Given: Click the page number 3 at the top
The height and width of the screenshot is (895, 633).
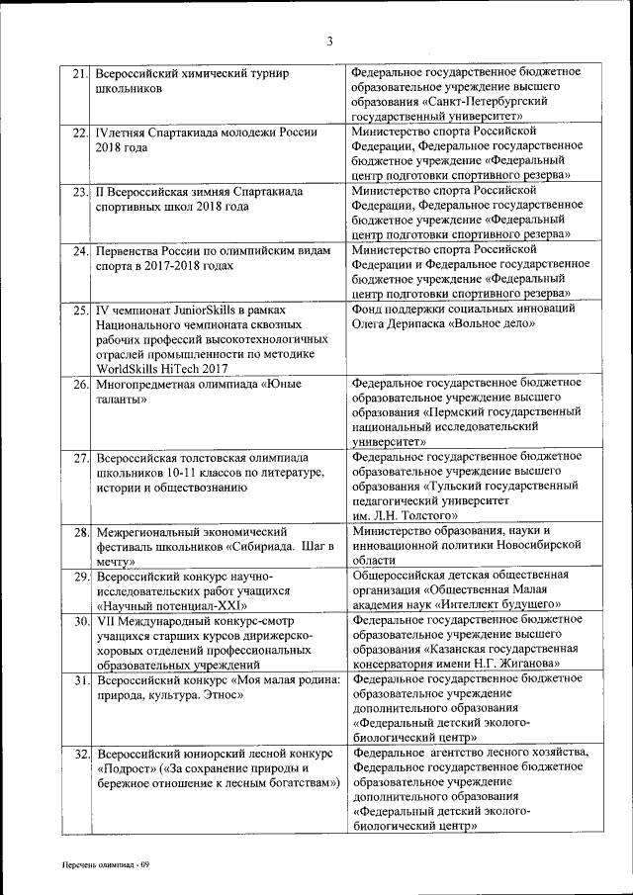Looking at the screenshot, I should point(329,41).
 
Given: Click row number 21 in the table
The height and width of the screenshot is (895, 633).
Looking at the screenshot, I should point(80,73).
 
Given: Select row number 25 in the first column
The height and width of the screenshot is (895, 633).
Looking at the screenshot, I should point(80,310).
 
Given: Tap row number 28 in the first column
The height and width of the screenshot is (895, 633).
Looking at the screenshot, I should point(80,532).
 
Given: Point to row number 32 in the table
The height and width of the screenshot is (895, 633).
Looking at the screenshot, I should point(80,754).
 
